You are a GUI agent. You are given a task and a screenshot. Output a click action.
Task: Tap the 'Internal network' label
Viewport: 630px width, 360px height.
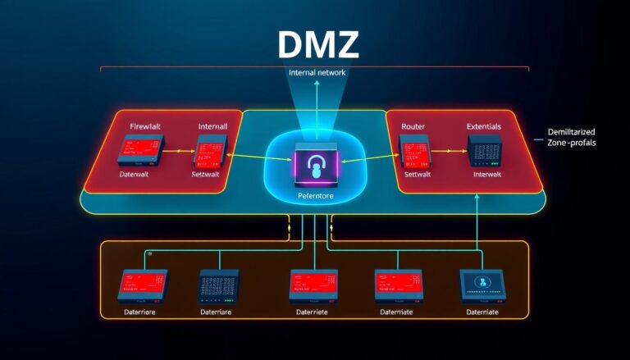[x=317, y=73]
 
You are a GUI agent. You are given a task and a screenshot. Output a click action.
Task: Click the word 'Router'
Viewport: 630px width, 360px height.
[x=413, y=126]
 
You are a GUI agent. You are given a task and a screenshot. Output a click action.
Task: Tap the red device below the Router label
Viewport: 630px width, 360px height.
[x=413, y=148]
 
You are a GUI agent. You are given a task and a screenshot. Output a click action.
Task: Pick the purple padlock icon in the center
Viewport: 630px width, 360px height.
[x=316, y=165]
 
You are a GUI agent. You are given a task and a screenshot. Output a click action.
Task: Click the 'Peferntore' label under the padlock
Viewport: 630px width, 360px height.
[x=316, y=197]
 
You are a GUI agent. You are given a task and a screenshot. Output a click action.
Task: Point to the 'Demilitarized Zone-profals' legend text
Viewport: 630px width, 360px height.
[x=571, y=137]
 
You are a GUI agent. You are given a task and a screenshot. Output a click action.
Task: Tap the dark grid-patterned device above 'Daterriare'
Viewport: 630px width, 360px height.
[x=221, y=284]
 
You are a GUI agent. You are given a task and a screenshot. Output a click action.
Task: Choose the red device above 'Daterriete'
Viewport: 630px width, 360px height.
[x=314, y=284]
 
